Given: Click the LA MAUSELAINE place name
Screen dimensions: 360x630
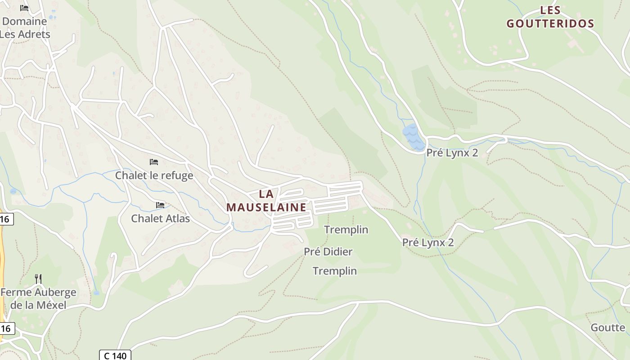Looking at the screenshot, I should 266,201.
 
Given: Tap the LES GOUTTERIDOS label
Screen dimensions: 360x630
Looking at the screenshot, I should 550,17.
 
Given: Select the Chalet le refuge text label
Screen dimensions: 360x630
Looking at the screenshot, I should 154,175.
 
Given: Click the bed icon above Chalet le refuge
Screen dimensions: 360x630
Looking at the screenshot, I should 154,162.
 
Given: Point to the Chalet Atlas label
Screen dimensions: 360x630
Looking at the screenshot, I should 160,219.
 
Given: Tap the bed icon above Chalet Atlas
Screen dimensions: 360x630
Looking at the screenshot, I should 160,205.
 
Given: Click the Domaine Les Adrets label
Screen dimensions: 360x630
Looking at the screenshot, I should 25,27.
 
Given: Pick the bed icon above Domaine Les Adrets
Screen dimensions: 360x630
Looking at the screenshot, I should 24,8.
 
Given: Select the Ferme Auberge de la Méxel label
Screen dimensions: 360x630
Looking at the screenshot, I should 38,299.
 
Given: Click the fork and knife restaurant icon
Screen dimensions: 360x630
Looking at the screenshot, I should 38,279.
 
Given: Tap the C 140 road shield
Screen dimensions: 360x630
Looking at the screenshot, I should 115,355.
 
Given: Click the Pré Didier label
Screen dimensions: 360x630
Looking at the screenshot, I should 328,252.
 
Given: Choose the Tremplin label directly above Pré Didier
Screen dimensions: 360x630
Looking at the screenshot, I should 346,230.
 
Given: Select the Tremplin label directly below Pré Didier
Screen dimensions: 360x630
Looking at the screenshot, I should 335,271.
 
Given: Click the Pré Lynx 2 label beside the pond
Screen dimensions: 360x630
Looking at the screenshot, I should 452,153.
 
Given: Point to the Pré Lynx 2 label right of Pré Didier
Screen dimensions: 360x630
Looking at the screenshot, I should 427,243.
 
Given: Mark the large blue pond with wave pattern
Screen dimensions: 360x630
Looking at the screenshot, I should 413,137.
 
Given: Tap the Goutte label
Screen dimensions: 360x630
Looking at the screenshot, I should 607,327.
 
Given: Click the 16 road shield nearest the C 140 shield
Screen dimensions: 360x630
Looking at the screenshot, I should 6,328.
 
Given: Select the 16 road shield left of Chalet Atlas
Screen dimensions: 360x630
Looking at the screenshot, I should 5,219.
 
